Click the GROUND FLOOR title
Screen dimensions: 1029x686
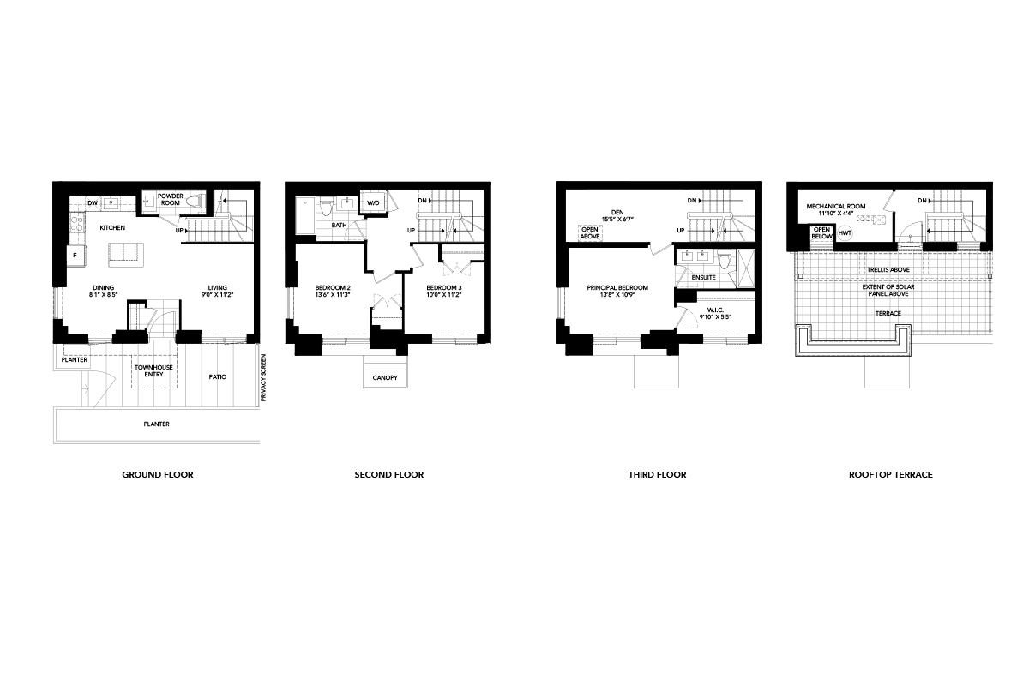click(x=158, y=475)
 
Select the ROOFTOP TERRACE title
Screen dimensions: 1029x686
click(x=891, y=475)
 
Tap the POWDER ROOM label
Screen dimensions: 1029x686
click(x=171, y=199)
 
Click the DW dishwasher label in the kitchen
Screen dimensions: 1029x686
click(x=93, y=203)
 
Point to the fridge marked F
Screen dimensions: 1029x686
click(x=75, y=256)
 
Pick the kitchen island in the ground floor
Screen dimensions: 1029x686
click(x=126, y=255)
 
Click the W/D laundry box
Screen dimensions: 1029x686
click(x=373, y=202)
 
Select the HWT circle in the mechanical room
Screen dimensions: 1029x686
click(x=845, y=233)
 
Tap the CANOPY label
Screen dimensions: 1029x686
click(x=385, y=377)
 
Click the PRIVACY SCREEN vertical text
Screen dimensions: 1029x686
click(x=263, y=377)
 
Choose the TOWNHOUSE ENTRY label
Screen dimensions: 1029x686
click(x=153, y=370)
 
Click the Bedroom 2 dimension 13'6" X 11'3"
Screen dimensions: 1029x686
click(x=333, y=294)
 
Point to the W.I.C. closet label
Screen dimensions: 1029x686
click(x=715, y=310)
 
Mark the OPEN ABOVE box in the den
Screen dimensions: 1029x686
click(x=590, y=233)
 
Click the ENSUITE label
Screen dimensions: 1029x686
click(x=704, y=278)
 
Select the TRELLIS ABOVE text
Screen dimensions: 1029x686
click(x=888, y=270)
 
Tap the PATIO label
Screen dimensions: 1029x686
click(x=217, y=376)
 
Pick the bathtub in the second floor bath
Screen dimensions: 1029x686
click(x=305, y=216)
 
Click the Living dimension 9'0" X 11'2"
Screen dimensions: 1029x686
click(x=217, y=294)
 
